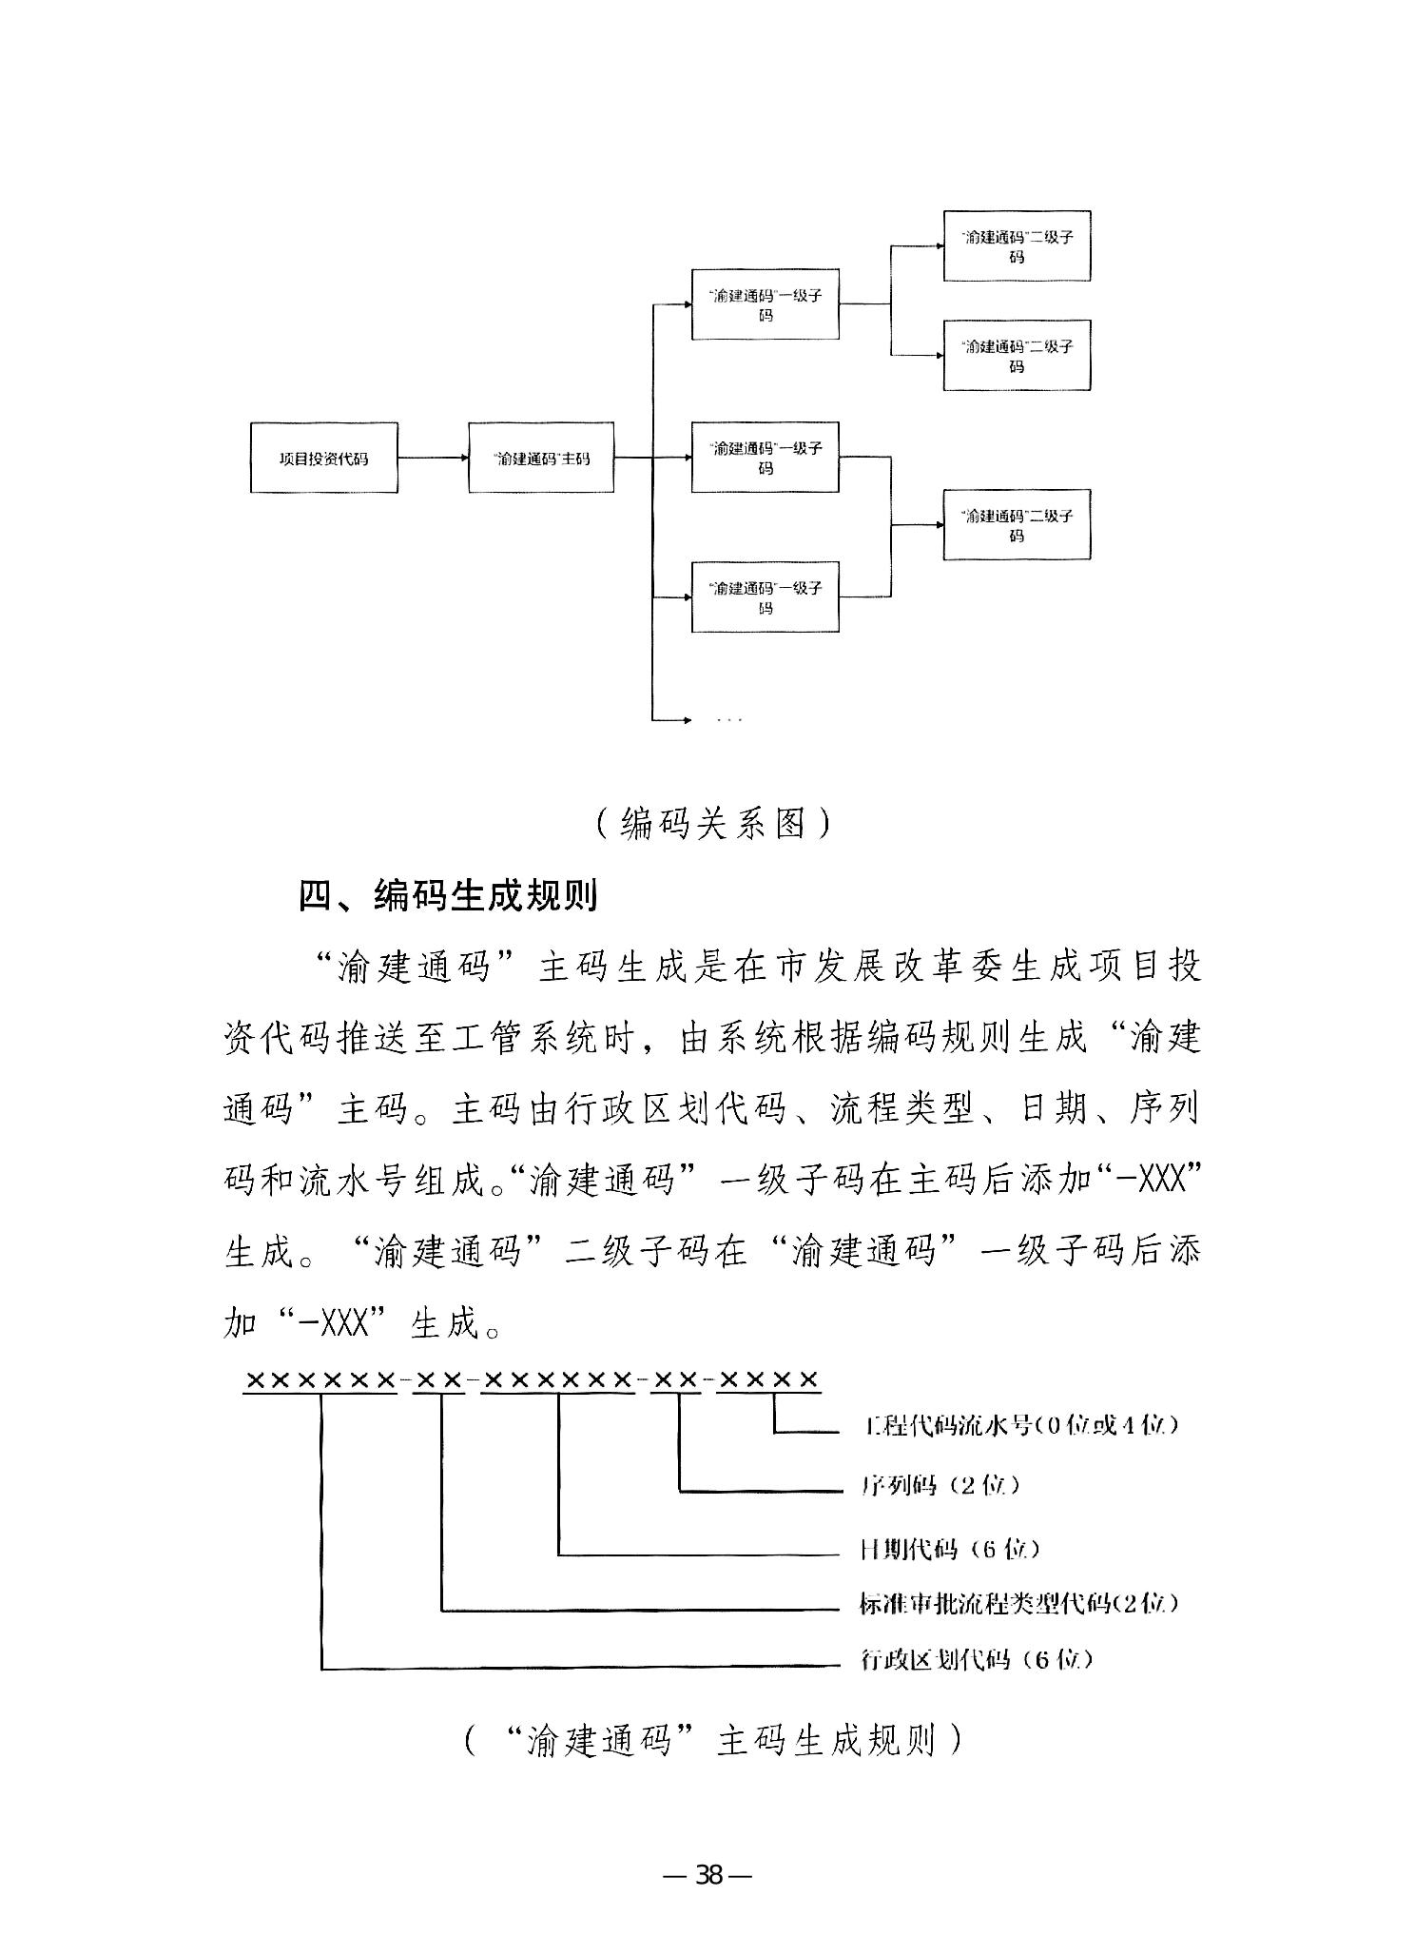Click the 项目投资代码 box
323,458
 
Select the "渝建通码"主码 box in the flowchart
541,458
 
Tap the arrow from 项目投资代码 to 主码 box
433,458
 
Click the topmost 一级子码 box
765,304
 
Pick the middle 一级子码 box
765,458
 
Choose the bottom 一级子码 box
765,597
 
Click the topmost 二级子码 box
1017,246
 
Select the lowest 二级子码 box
1017,525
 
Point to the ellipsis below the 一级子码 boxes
728,720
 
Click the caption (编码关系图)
712,823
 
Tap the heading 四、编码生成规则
448,895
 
